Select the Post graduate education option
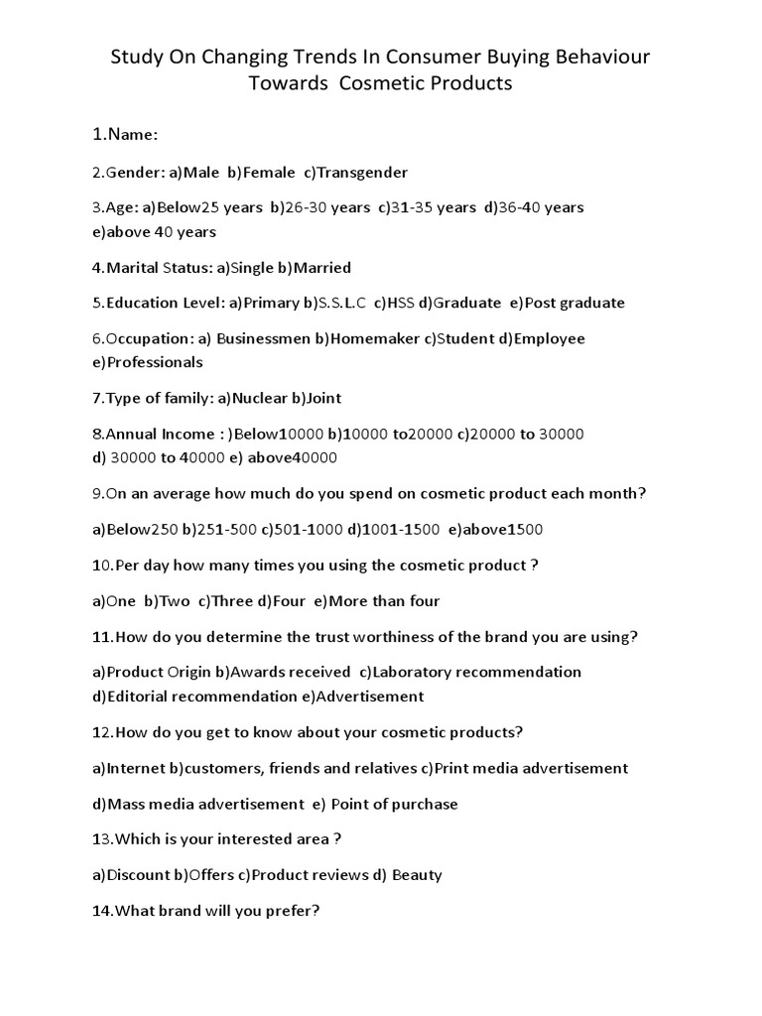pyautogui.click(x=568, y=304)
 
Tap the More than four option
pyautogui.click(x=376, y=601)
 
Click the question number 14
pyautogui.click(x=103, y=912)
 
